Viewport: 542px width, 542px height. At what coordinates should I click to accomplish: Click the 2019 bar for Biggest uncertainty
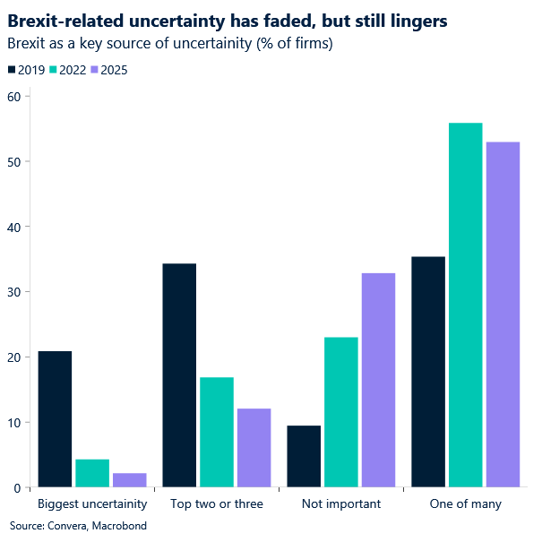click(x=55, y=419)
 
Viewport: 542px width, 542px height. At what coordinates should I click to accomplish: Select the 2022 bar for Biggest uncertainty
click(x=92, y=473)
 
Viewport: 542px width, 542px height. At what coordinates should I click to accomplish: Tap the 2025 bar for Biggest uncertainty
click(x=130, y=480)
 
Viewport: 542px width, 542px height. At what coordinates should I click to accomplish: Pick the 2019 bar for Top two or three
click(x=179, y=375)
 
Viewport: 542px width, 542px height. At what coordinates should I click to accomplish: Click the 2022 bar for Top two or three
click(x=217, y=432)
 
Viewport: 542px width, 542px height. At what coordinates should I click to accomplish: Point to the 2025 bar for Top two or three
click(x=254, y=448)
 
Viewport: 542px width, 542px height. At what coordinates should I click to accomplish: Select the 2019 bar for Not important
click(x=304, y=456)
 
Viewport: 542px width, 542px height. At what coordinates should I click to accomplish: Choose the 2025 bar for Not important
click(x=378, y=380)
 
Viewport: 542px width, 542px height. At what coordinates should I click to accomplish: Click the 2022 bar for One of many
click(x=465, y=305)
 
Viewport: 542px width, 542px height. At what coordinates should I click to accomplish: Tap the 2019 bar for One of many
click(x=428, y=372)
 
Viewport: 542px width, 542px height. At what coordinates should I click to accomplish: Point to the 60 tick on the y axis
click(x=13, y=97)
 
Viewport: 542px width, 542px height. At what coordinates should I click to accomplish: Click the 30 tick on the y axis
click(x=13, y=292)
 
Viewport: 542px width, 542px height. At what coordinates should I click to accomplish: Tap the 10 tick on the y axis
click(x=13, y=422)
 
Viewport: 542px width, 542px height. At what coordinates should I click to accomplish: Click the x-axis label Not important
click(x=341, y=503)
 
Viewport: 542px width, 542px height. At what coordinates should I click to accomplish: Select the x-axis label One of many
click(x=465, y=503)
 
